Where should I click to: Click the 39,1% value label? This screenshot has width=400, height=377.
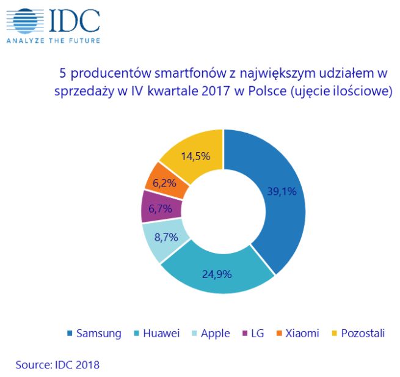(282, 191)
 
